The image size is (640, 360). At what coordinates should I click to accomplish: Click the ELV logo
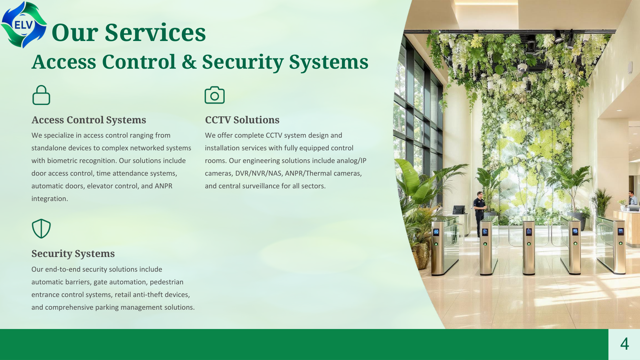[23, 25]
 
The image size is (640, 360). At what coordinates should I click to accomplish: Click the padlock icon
[41, 95]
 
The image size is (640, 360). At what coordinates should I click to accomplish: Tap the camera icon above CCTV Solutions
[215, 95]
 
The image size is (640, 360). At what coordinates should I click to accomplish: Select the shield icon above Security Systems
[41, 229]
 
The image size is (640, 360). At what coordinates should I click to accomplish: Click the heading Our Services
[129, 33]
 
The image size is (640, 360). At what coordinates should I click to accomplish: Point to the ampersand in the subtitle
[189, 62]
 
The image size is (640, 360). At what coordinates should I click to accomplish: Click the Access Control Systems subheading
[89, 120]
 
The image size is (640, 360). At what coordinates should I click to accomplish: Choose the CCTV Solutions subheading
[242, 120]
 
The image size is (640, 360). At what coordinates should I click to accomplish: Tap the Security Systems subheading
[73, 254]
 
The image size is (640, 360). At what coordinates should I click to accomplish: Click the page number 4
[624, 344]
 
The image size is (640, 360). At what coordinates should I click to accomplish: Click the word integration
[50, 199]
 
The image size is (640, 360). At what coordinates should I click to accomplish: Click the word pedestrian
[166, 282]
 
